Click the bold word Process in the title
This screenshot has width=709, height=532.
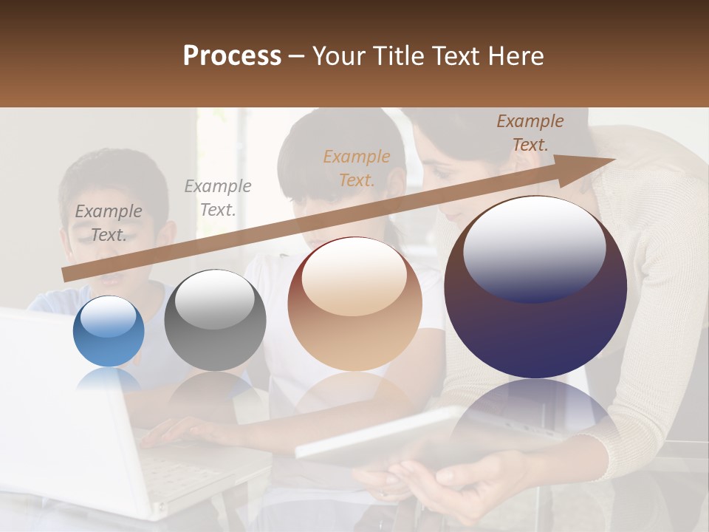(x=232, y=56)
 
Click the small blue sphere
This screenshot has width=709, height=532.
(x=109, y=331)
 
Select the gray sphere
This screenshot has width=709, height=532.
(x=215, y=320)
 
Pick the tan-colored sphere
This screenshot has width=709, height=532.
(x=354, y=304)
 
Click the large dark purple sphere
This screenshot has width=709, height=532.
(x=535, y=287)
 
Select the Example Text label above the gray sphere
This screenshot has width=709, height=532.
(x=218, y=198)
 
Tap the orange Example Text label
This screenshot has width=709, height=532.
(x=357, y=168)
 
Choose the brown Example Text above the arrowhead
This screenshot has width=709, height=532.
(x=530, y=133)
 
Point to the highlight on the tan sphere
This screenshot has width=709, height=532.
(x=354, y=277)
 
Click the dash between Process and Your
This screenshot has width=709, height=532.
(x=297, y=56)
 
